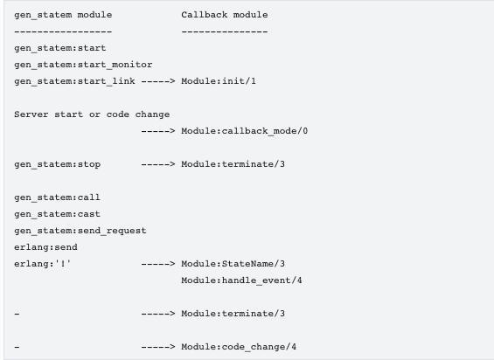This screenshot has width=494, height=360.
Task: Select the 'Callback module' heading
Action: point(225,15)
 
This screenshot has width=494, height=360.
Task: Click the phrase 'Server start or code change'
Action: point(92,114)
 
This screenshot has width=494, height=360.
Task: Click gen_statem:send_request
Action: point(80,231)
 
